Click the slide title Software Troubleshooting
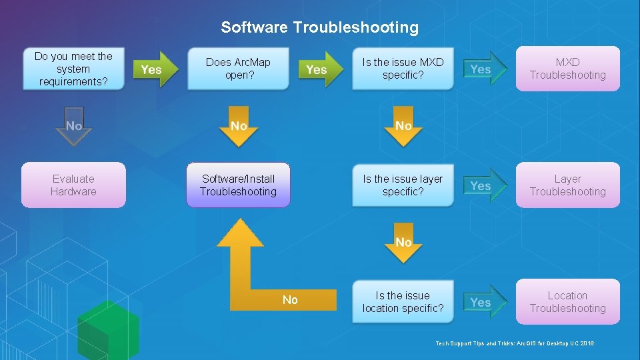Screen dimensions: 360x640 pos(319,27)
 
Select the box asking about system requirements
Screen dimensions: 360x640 pos(73,69)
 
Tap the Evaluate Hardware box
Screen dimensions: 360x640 pos(73,185)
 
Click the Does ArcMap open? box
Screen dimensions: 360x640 pos(238,68)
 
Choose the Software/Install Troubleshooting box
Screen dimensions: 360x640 pos(238,185)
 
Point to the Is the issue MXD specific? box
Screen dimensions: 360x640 pos(403,68)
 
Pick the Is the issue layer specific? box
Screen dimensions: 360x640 pos(403,185)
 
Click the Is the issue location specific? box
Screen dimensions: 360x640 pos(403,301)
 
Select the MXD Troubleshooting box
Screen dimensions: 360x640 pos(568,68)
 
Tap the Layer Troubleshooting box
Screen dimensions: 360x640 pos(568,185)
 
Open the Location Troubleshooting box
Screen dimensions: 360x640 pos(568,301)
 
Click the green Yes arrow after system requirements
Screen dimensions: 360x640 pos(155,69)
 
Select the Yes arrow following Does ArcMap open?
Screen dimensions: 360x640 pos(320,69)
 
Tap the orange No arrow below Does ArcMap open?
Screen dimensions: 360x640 pos(238,127)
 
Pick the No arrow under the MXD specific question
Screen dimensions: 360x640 pos(403,127)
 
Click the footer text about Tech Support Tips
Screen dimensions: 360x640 pos(515,343)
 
